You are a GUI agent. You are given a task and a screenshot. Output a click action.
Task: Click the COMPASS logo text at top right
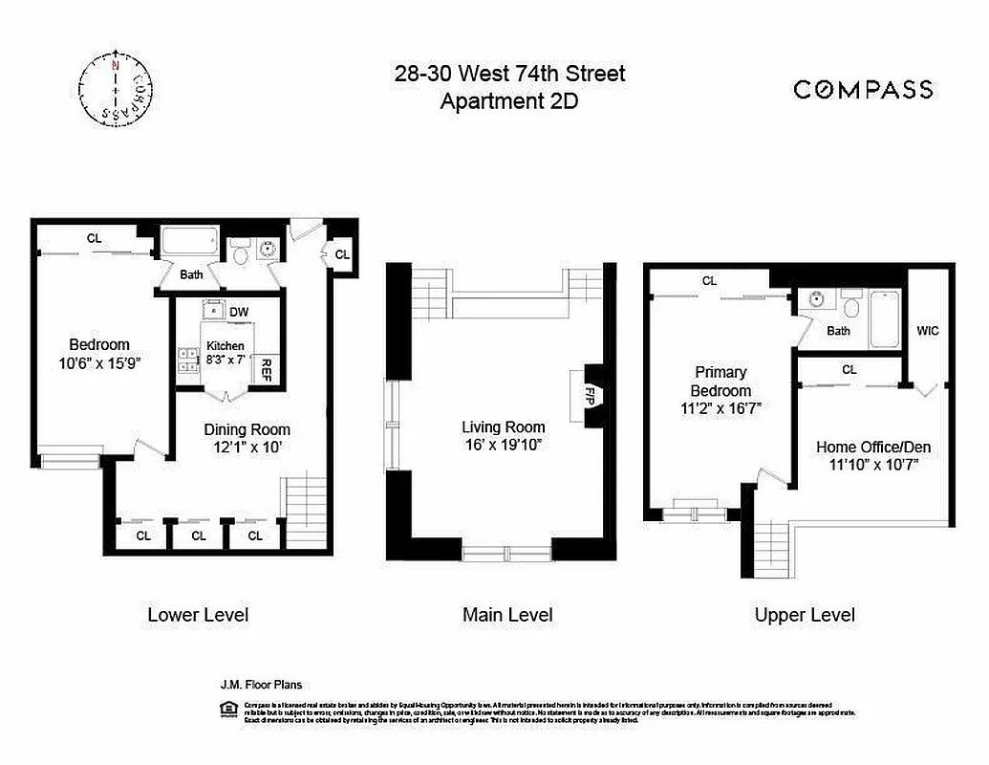pyautogui.click(x=863, y=90)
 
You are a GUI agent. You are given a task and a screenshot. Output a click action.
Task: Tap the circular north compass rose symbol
pyautogui.click(x=116, y=87)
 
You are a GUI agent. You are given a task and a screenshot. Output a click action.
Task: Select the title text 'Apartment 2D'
pyautogui.click(x=509, y=101)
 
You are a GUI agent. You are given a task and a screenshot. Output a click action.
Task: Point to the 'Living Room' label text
pyautogui.click(x=504, y=427)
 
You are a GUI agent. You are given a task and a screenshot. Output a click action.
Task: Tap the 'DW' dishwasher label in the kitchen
pyautogui.click(x=239, y=312)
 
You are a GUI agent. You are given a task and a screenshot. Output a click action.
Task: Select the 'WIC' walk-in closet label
pyautogui.click(x=928, y=331)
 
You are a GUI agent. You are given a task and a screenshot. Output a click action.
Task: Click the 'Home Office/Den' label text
pyautogui.click(x=873, y=447)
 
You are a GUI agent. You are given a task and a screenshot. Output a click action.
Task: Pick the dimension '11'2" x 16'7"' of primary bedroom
pyautogui.click(x=720, y=408)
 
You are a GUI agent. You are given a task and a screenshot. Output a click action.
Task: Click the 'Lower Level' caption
pyautogui.click(x=198, y=614)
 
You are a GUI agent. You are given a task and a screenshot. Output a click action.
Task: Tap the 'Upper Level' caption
pyautogui.click(x=805, y=615)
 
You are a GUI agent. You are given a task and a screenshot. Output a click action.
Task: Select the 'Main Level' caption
pyautogui.click(x=507, y=615)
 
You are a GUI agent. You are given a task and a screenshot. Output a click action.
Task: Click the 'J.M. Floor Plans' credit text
pyautogui.click(x=262, y=685)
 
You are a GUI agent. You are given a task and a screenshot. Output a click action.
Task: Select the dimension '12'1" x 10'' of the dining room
pyautogui.click(x=247, y=447)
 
